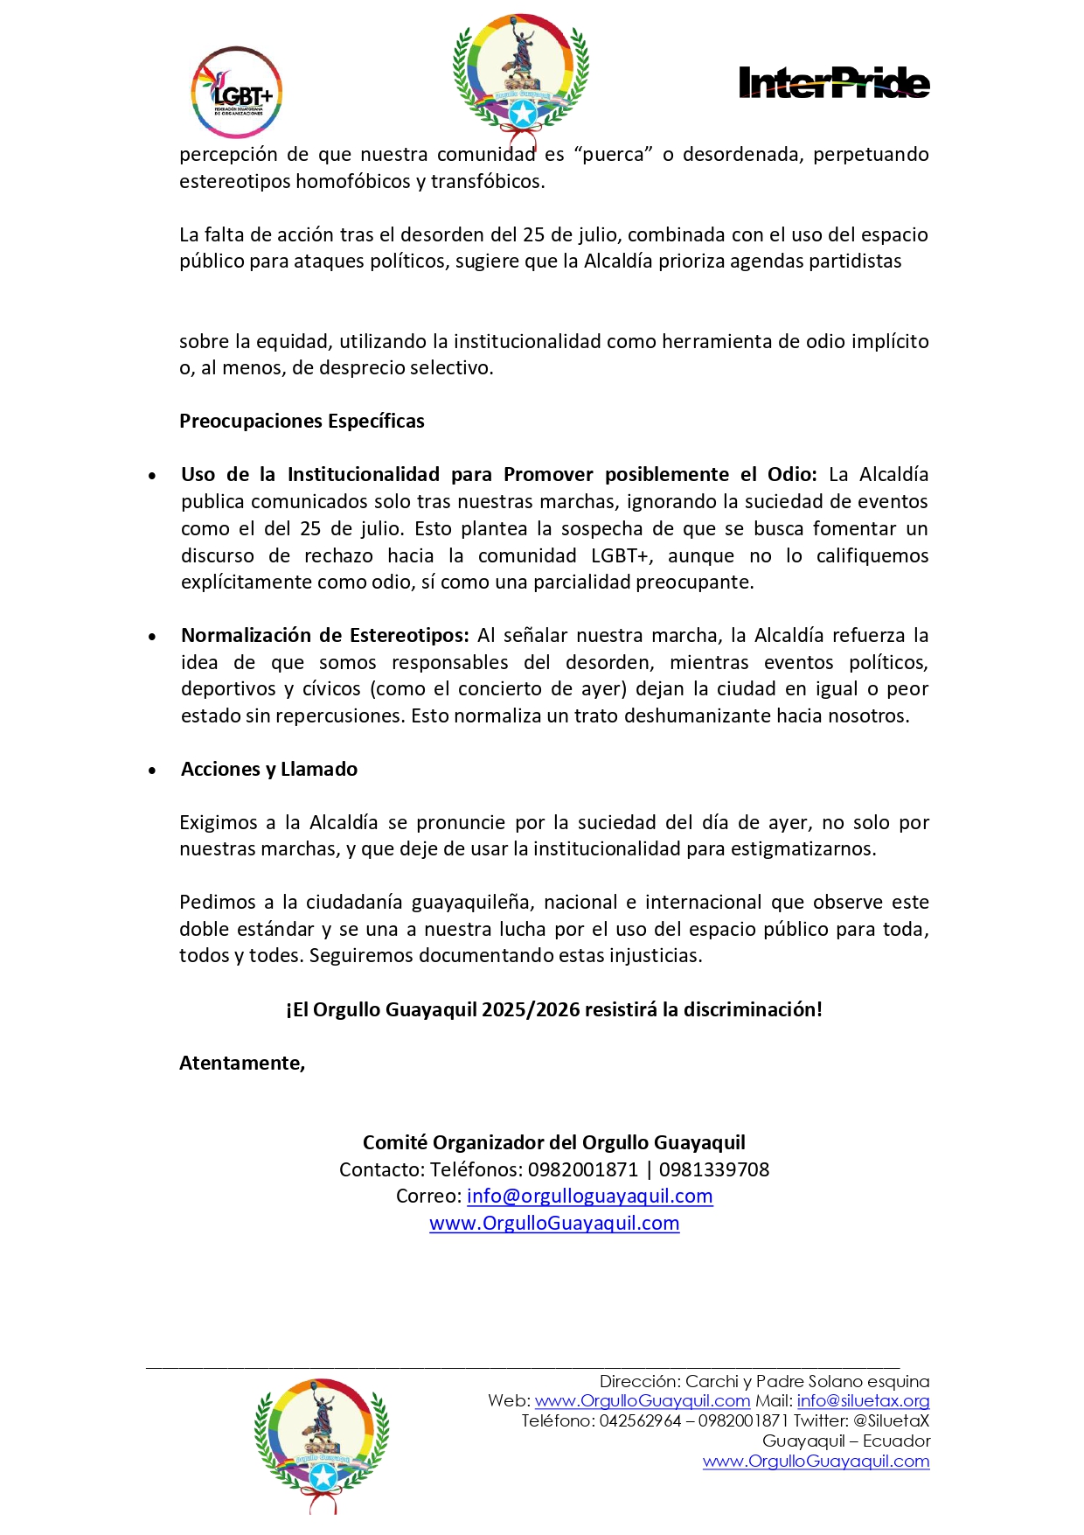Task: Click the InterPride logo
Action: [x=833, y=82]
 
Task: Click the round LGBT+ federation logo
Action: [x=236, y=93]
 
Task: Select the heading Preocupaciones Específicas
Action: [x=302, y=421]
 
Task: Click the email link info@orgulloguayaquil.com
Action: [x=589, y=1196]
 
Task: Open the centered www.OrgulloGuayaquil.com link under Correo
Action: [x=554, y=1223]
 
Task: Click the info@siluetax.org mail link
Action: [x=863, y=1400]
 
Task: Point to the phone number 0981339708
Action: [x=714, y=1169]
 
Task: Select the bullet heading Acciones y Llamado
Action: [x=269, y=769]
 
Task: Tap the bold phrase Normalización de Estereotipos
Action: [x=324, y=635]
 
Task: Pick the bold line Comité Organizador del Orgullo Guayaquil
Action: [x=554, y=1142]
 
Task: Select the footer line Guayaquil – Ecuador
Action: [x=845, y=1441]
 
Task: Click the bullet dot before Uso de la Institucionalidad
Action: [x=152, y=477]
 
